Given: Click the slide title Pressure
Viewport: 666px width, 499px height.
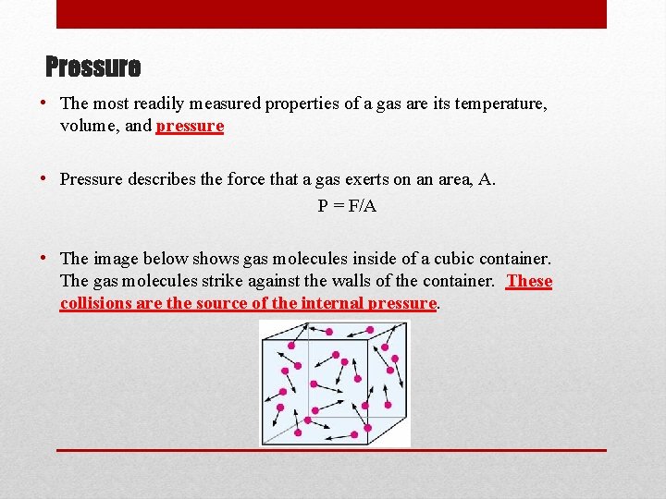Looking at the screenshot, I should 93,67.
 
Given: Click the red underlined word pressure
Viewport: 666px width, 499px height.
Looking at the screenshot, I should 190,126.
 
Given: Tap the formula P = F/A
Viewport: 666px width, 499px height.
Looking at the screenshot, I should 347,205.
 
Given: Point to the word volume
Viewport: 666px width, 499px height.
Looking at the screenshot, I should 88,126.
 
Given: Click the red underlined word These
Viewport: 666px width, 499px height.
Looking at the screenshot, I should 529,281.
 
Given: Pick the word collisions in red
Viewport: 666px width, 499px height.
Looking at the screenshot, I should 95,302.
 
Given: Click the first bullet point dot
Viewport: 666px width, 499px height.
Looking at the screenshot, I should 46,103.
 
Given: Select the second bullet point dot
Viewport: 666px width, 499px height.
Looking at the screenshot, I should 46,179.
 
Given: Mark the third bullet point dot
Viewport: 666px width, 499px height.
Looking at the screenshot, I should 46,260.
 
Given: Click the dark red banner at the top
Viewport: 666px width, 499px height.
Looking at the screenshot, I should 331,14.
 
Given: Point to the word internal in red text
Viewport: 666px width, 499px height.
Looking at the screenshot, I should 333,302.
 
